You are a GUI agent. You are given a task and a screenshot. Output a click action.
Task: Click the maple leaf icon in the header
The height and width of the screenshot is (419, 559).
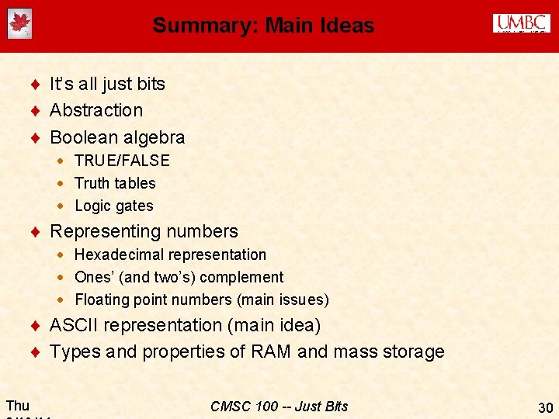19,25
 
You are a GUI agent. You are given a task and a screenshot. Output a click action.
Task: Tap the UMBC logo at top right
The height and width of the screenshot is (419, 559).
521,24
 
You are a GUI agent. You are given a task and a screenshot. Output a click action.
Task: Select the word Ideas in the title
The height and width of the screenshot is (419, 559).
347,26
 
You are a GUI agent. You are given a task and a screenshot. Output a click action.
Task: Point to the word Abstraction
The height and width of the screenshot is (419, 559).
96,110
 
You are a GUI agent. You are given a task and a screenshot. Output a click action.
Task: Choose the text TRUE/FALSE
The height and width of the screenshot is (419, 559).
122,161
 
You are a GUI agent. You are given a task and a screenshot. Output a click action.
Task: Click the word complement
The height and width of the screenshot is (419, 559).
246,277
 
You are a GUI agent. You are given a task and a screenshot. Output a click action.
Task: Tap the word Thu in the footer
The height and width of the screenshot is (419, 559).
17,405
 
